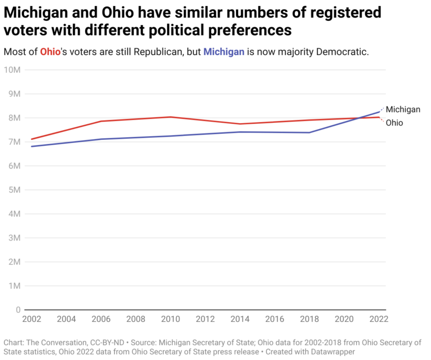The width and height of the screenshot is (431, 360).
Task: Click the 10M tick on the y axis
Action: (x=12, y=70)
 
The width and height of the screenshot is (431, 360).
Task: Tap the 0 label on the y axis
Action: (x=18, y=310)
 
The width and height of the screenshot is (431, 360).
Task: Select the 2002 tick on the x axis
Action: (x=32, y=319)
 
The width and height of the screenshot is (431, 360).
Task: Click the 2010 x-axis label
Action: (x=170, y=319)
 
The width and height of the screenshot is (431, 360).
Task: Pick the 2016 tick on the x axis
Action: (x=274, y=319)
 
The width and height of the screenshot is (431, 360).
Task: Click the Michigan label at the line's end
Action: (x=403, y=109)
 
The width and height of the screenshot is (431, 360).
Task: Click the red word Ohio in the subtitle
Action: (x=50, y=52)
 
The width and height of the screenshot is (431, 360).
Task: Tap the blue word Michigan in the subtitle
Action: (x=224, y=52)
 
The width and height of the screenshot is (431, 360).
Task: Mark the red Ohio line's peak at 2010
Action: (x=170, y=117)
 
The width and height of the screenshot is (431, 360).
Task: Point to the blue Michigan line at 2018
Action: (x=309, y=132)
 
